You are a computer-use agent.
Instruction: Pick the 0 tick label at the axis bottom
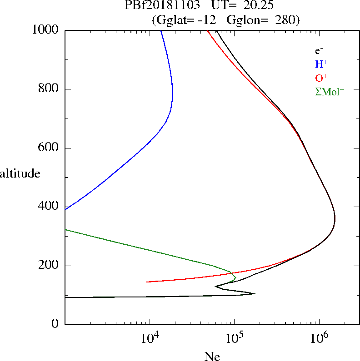(55, 324)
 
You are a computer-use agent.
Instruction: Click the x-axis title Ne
(212, 356)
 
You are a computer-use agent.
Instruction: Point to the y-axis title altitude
(20, 173)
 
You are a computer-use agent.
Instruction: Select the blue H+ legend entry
(321, 64)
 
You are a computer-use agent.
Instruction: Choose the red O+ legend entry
(321, 78)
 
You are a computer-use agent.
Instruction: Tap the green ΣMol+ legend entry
(329, 91)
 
